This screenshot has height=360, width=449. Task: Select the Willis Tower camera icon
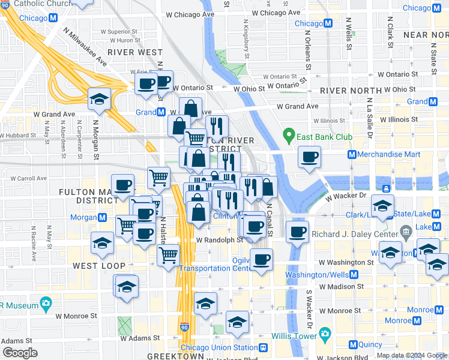pyautogui.click(x=325, y=333)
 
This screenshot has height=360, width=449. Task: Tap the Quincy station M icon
pyautogui.click(x=354, y=345)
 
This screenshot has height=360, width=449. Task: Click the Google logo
pyautogui.click(x=20, y=353)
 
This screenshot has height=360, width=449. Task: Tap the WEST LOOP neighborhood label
pyautogui.click(x=99, y=265)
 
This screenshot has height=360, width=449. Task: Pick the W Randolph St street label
pyautogui.click(x=220, y=240)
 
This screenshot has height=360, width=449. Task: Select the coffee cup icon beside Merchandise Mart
pyautogui.click(x=309, y=158)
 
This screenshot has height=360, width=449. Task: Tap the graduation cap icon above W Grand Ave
pyautogui.click(x=99, y=100)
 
